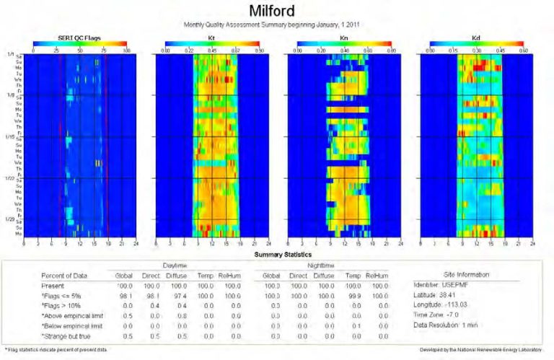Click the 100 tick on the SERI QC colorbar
coord(126,52)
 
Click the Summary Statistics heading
coord(277,255)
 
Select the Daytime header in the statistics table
coord(177,265)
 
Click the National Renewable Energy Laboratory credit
coord(480,350)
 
